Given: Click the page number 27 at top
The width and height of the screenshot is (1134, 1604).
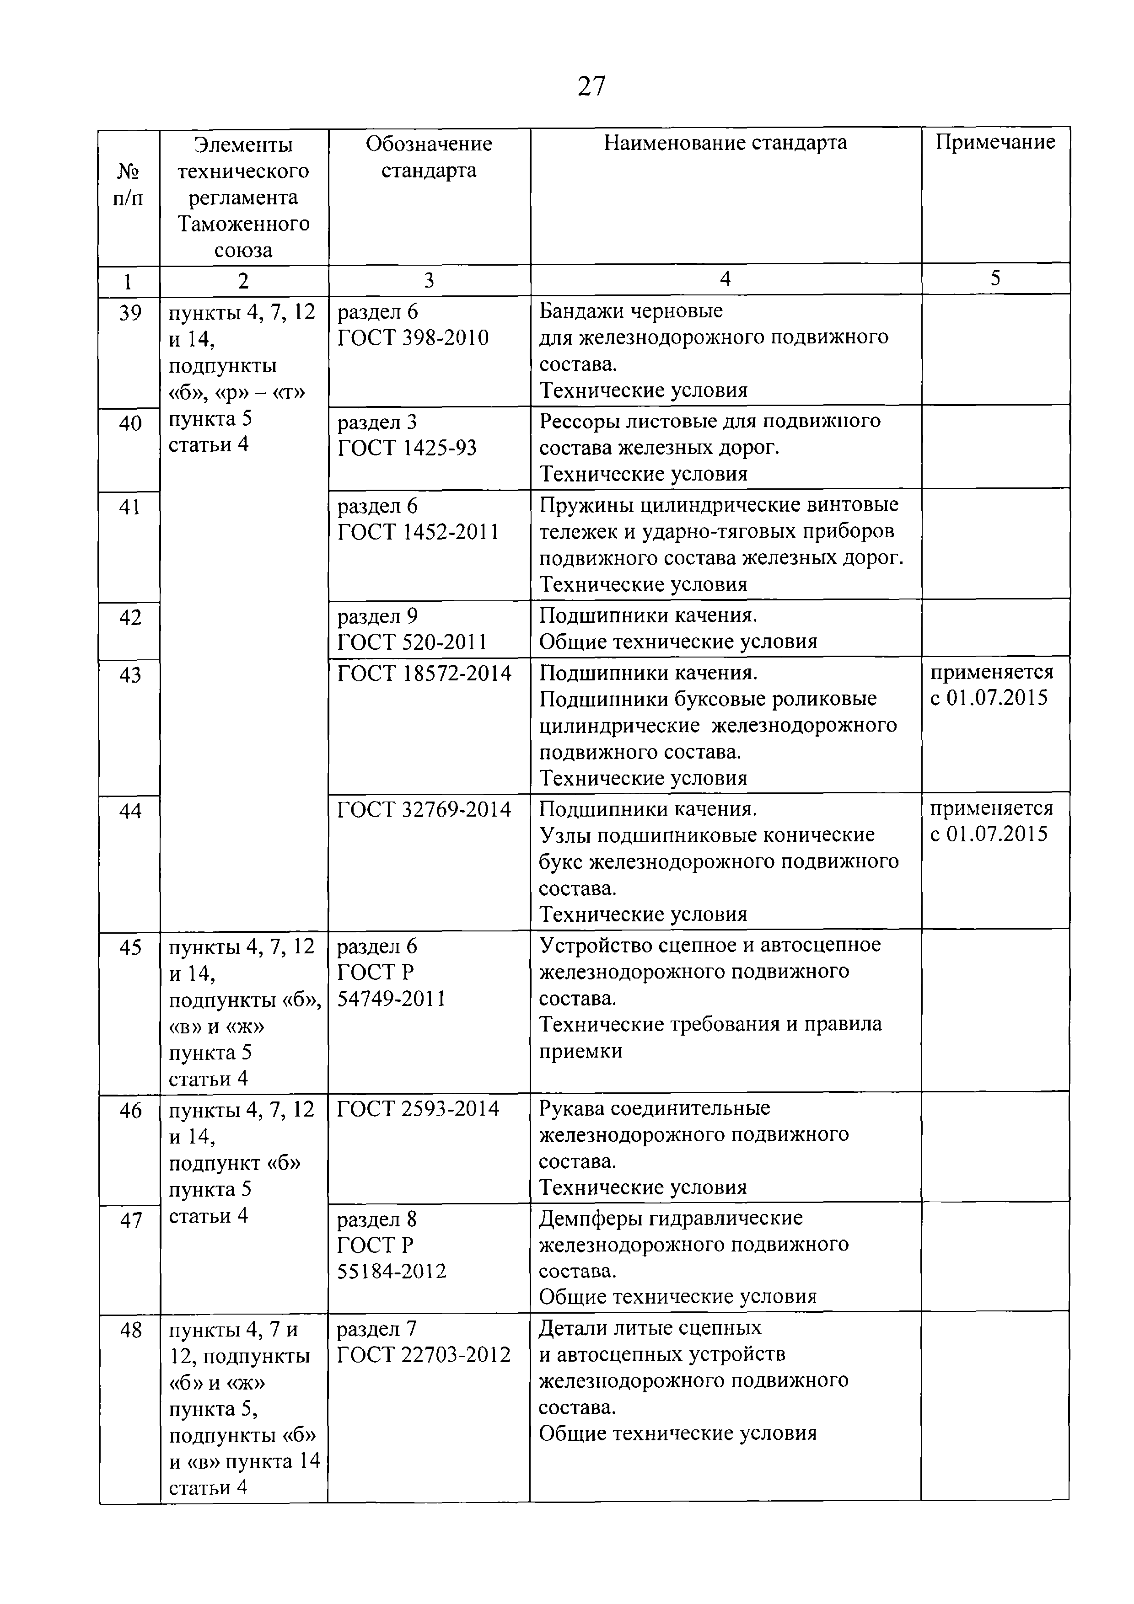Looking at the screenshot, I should [591, 86].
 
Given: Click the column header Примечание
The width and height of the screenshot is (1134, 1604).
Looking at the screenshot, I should [994, 143].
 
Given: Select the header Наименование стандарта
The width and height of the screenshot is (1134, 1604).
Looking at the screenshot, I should [725, 143].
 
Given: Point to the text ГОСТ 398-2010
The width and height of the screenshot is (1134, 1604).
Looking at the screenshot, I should [413, 338].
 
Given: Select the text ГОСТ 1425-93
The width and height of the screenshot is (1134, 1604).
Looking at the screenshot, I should [407, 448].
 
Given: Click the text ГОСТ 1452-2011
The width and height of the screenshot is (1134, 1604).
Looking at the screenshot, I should [418, 532].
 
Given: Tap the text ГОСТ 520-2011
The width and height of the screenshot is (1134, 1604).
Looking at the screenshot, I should [412, 642].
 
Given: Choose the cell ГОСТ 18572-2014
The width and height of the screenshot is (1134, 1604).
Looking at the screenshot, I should [424, 674].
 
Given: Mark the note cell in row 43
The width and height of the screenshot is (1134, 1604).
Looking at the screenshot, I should [991, 685].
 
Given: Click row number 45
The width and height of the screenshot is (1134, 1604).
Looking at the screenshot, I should [130, 948].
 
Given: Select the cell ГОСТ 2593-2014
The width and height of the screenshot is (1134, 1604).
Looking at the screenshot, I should [418, 1109].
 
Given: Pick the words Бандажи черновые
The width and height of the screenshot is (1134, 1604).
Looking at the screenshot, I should [630, 310].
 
